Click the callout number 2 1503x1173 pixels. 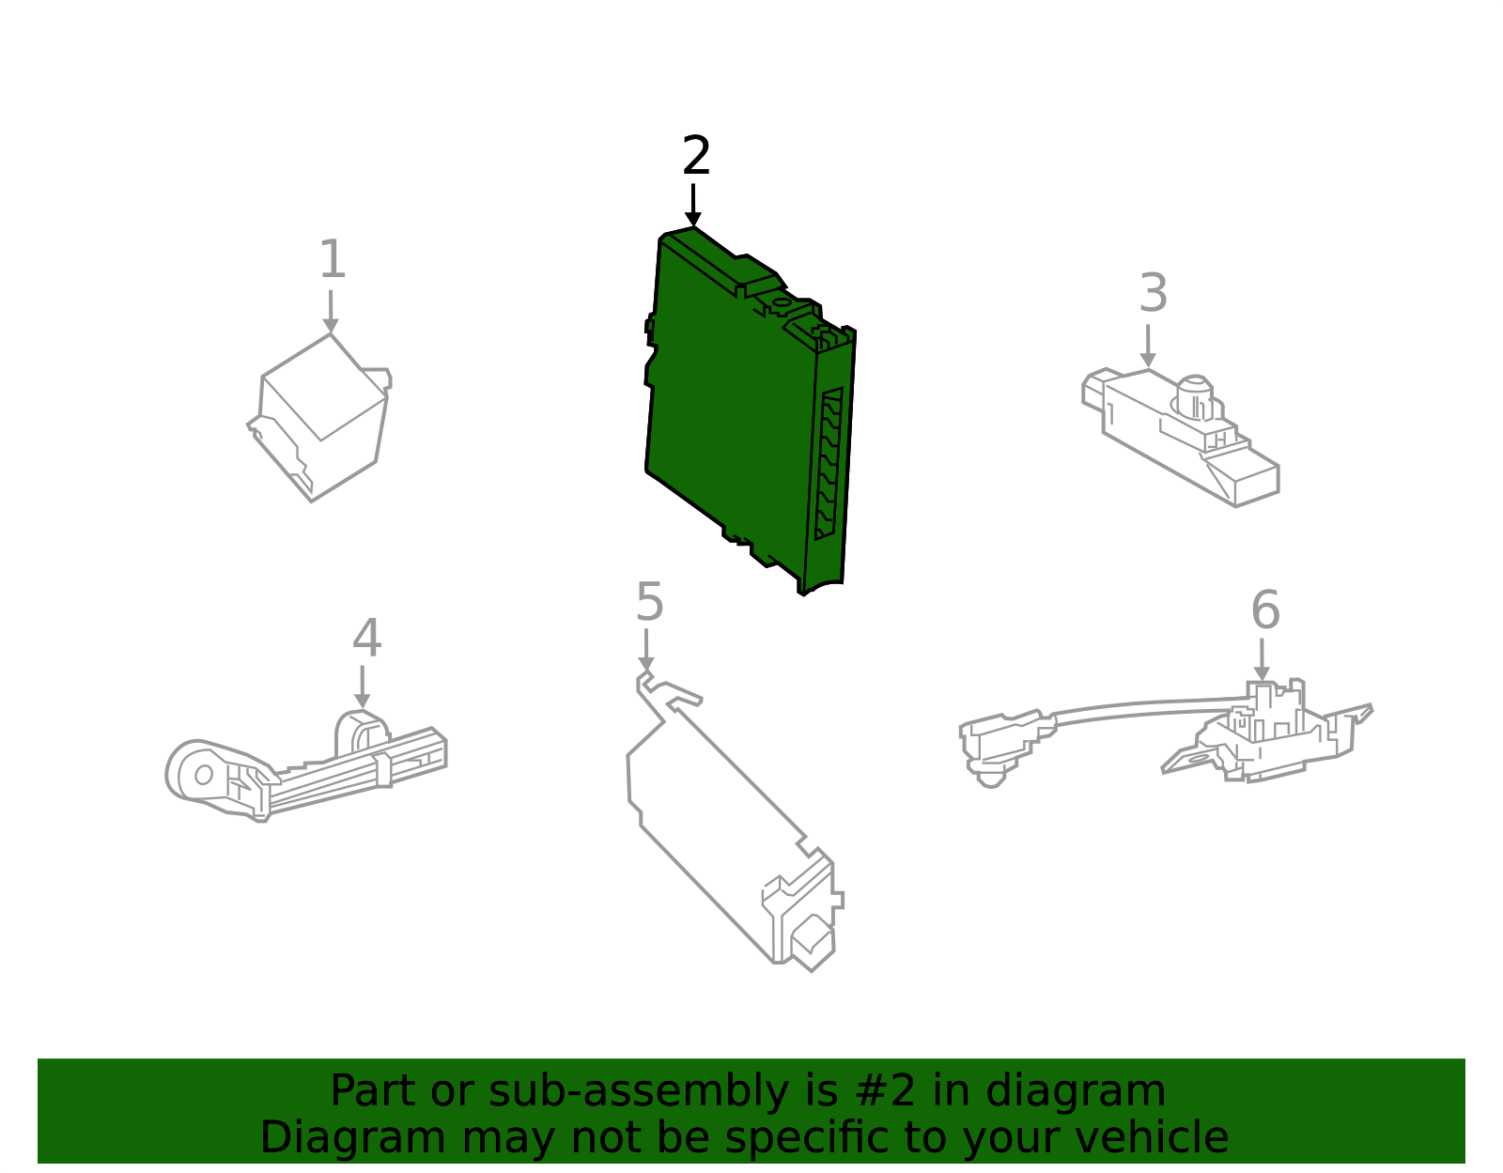pyautogui.click(x=696, y=156)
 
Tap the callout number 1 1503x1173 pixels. pyautogui.click(x=333, y=260)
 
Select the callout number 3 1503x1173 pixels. pyautogui.click(x=1153, y=294)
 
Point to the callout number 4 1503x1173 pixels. pyautogui.click(x=366, y=639)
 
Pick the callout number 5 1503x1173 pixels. pyautogui.click(x=649, y=602)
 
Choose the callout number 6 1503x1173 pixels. pyautogui.click(x=1264, y=611)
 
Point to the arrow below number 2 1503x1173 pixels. pyautogui.click(x=693, y=206)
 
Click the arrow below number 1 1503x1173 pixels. pyautogui.click(x=331, y=312)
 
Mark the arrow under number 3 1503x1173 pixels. pyautogui.click(x=1148, y=347)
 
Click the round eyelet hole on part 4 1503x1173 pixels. pyautogui.click(x=203, y=775)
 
